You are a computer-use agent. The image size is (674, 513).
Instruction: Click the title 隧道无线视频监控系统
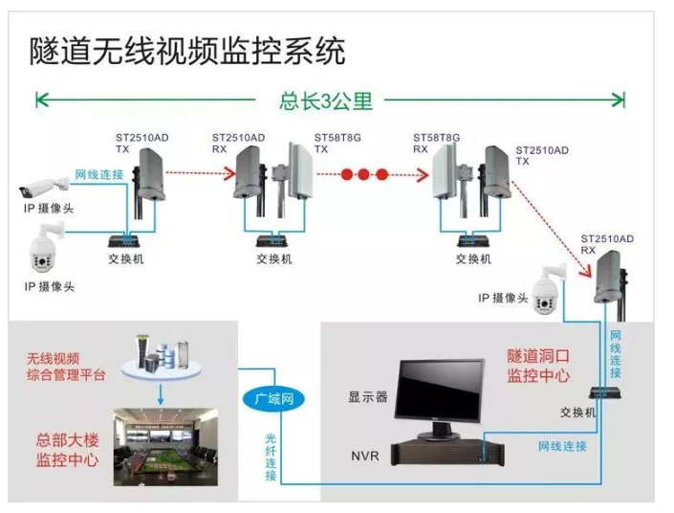(x=187, y=49)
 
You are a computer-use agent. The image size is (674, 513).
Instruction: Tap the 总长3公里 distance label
(x=326, y=100)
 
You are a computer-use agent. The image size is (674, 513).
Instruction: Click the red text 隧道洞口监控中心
(x=538, y=365)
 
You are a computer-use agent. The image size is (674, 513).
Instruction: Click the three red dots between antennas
(x=365, y=175)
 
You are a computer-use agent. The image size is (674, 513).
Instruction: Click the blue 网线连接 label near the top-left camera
(x=98, y=174)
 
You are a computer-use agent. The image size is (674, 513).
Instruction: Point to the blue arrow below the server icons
(x=162, y=392)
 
